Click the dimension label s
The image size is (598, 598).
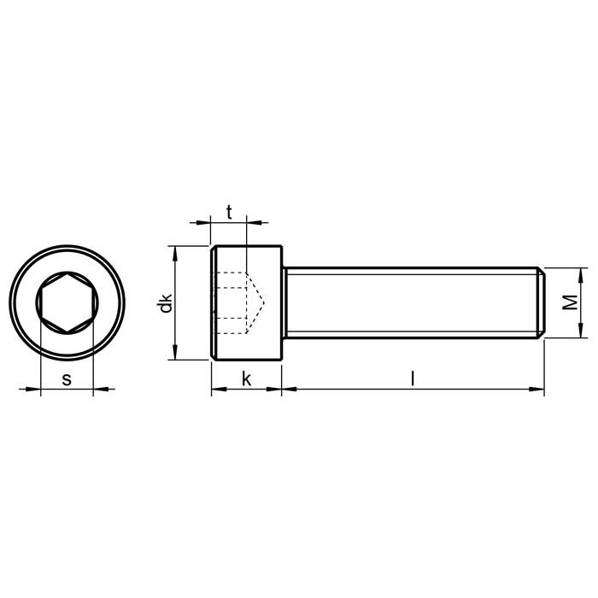[67, 380]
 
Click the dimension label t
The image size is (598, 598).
[229, 213]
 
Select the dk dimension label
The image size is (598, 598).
[167, 303]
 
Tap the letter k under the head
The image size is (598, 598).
[247, 379]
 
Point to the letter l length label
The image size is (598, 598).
[413, 379]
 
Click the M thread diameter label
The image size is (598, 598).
[570, 302]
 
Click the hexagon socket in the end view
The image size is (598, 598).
[67, 302]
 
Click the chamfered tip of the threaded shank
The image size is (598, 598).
[542, 302]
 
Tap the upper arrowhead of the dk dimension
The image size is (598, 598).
[175, 254]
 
